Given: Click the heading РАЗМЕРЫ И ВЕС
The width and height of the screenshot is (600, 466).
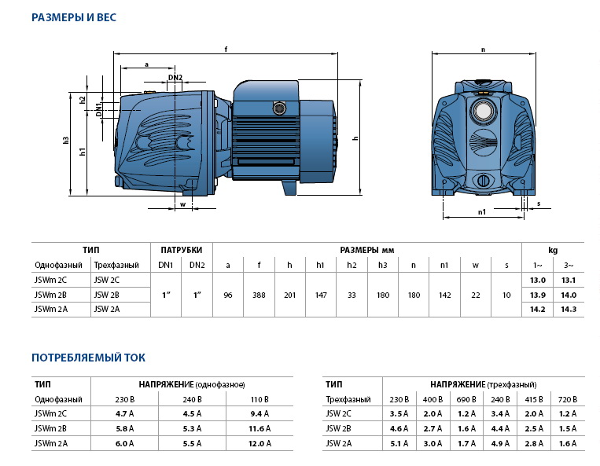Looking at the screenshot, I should click(x=74, y=17).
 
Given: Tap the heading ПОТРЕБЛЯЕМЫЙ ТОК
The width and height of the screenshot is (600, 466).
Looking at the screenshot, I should click(x=88, y=358).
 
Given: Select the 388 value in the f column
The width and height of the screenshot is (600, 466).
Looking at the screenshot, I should click(x=259, y=294).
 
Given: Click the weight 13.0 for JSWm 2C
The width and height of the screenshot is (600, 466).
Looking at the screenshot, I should click(x=538, y=280).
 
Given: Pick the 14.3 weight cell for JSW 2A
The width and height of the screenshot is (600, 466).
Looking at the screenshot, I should click(x=568, y=309).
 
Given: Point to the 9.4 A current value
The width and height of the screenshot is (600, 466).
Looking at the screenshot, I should click(x=259, y=413).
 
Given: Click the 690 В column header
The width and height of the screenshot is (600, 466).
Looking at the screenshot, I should click(x=467, y=398).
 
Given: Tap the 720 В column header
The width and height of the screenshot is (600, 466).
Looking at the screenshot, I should click(x=568, y=398).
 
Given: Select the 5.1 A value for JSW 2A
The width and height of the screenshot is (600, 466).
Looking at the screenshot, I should click(x=400, y=443).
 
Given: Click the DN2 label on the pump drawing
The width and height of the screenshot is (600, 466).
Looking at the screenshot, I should click(x=175, y=77).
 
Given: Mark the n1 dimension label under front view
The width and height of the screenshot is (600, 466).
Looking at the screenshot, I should click(x=482, y=211).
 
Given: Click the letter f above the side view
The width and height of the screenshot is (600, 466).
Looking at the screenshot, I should click(x=226, y=50).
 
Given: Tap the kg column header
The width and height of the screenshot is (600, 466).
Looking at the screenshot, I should click(x=553, y=250).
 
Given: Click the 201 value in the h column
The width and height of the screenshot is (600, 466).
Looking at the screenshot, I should click(x=289, y=294).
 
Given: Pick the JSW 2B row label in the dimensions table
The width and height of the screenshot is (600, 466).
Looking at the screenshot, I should click(x=106, y=295).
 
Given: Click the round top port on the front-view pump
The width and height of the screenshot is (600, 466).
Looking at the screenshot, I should click(x=483, y=106).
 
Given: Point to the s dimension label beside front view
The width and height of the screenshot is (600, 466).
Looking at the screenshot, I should click(x=539, y=204).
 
